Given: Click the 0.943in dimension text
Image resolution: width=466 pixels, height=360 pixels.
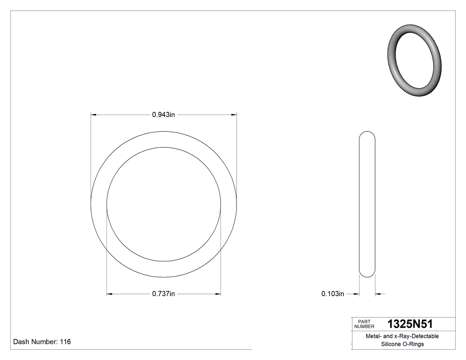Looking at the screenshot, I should (x=164, y=115).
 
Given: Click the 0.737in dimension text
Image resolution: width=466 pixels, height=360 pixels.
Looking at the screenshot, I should (x=164, y=294).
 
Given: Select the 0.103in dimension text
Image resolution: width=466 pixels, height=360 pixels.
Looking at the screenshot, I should (x=333, y=294).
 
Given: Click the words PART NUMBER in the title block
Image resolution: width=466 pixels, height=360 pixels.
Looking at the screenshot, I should (x=364, y=324).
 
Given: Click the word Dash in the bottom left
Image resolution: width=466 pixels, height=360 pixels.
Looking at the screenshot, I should (x=21, y=342).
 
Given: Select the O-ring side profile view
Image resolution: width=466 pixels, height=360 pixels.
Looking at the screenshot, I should (x=367, y=204).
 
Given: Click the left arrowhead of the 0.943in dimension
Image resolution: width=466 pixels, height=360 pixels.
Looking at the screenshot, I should (x=94, y=115).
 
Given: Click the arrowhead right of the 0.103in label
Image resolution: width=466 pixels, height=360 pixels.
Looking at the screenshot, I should (x=356, y=294).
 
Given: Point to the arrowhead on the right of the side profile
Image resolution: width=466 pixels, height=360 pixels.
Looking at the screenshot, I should (x=378, y=294).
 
